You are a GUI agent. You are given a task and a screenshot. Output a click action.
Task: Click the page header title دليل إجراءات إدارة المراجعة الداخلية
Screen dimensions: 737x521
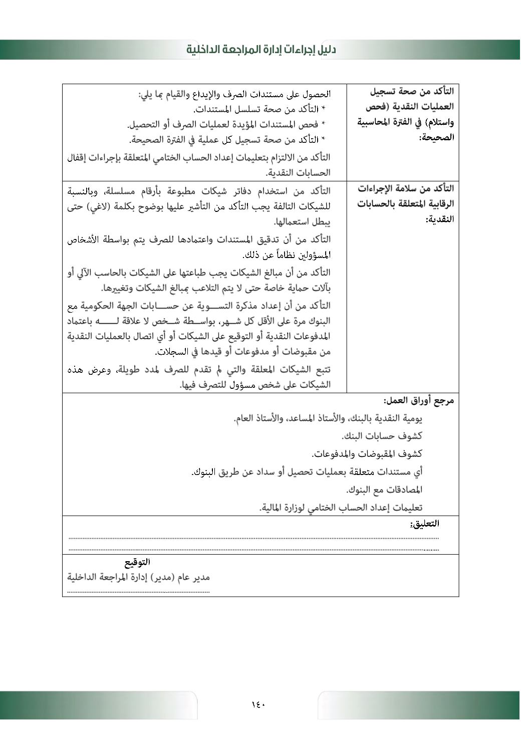point(261,50)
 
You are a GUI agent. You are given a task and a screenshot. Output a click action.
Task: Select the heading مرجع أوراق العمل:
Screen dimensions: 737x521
point(419,401)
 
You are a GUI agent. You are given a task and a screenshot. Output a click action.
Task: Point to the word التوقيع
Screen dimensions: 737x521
point(137,562)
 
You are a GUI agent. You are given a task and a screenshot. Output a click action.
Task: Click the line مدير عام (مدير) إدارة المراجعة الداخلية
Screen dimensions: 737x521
point(139,577)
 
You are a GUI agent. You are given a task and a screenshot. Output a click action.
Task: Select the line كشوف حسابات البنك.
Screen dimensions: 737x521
point(382,436)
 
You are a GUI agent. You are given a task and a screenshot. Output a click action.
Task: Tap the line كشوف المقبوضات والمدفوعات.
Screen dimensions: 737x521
point(367,454)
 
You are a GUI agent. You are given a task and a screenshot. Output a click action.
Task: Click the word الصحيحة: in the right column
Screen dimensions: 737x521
point(436,137)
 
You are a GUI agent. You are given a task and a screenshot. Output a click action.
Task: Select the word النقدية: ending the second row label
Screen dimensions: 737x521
point(440,219)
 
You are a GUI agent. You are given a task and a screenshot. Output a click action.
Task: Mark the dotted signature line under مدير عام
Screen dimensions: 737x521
point(139,592)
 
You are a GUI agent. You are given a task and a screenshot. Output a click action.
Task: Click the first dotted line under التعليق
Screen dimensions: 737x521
point(253,539)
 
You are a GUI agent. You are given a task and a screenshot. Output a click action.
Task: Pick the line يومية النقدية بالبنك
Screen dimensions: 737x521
point(328,418)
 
